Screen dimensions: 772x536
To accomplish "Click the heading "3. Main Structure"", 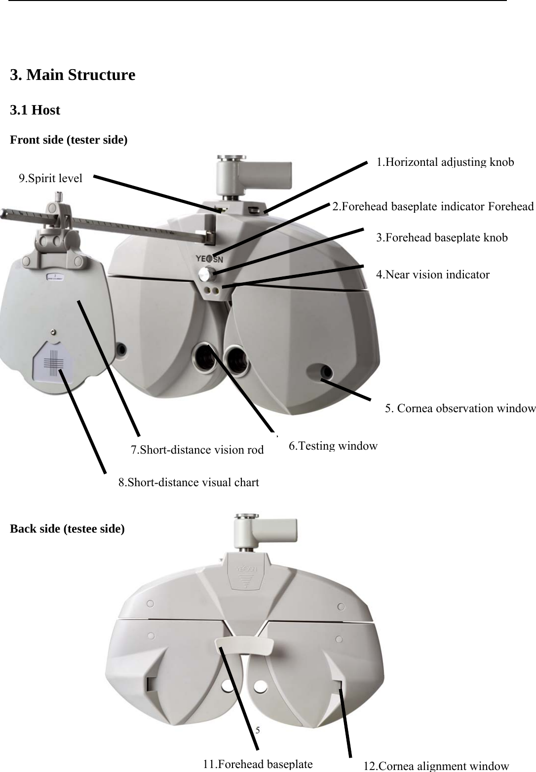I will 73,76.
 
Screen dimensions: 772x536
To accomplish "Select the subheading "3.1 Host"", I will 35,110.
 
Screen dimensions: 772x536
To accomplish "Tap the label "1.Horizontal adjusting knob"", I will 445,162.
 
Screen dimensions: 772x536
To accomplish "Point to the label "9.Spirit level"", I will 50,178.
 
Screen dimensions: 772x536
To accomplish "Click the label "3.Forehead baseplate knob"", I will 442,237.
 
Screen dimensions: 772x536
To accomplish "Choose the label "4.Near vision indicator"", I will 432,274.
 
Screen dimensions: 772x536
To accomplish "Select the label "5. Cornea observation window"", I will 460,408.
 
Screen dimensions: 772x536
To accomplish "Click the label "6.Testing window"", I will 333,446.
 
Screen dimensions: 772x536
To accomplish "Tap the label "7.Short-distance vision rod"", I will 197,450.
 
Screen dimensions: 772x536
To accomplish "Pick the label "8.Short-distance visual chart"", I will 189,482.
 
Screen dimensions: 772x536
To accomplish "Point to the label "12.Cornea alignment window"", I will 436,766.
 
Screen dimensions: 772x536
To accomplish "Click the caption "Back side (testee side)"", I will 68,529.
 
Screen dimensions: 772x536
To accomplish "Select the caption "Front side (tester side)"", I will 69,140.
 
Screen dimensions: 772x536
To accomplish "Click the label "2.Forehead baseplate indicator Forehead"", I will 433,206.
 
